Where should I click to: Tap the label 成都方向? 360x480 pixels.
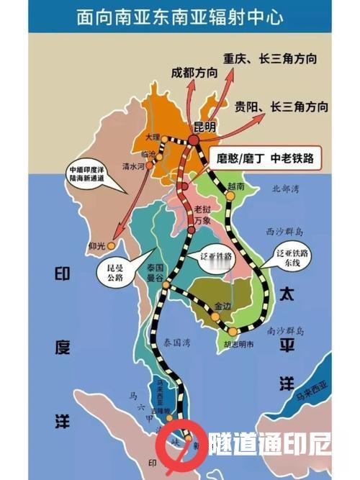point(194,73)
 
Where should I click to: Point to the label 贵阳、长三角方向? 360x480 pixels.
point(282,108)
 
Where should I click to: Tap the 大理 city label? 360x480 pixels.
point(152,135)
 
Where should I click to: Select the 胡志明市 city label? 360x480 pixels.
point(238,344)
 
